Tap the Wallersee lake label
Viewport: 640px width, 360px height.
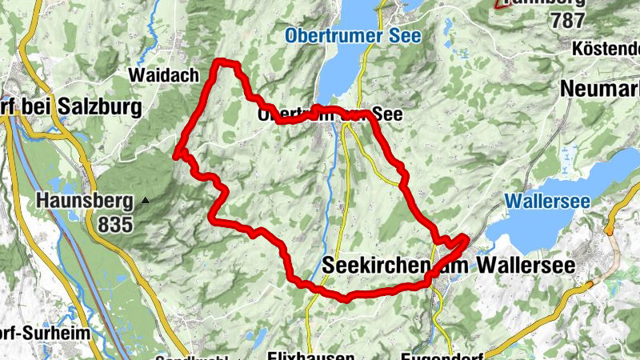point(548,199)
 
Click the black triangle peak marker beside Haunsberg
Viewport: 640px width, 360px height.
point(145,200)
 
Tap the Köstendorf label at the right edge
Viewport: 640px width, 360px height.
point(606,50)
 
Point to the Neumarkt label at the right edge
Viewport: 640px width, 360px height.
point(600,89)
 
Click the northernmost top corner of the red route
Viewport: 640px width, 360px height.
point(226,63)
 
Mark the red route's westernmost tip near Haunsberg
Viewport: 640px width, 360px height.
point(177,156)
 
